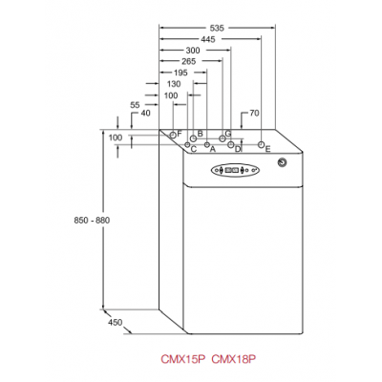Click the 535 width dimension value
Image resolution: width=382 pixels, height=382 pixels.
[217, 28]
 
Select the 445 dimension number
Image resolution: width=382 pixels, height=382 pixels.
[208, 39]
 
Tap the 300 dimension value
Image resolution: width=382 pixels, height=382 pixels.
[193, 51]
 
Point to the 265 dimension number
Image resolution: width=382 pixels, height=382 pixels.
[189, 61]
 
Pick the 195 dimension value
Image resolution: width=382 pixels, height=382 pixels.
[180, 73]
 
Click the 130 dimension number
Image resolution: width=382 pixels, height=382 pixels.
[174, 84]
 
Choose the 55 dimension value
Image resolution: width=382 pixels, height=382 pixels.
[135, 105]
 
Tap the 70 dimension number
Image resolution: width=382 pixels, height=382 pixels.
[254, 113]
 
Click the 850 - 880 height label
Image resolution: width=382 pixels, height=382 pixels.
[92, 221]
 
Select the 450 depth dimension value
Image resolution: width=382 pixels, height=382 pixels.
[115, 323]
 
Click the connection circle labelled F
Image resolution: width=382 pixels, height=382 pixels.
[173, 135]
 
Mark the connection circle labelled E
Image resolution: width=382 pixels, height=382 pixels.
[261, 145]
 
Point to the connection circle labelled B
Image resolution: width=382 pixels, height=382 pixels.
[193, 138]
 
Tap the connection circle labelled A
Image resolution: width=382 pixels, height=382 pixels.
[207, 145]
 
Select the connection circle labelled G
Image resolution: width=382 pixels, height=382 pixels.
[223, 138]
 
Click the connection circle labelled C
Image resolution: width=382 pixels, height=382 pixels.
[187, 145]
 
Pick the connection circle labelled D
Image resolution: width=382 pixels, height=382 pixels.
[231, 145]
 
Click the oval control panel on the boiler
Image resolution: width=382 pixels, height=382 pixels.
[235, 170]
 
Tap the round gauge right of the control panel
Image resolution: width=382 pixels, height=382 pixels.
[282, 162]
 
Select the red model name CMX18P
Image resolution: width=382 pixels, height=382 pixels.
[234, 359]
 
